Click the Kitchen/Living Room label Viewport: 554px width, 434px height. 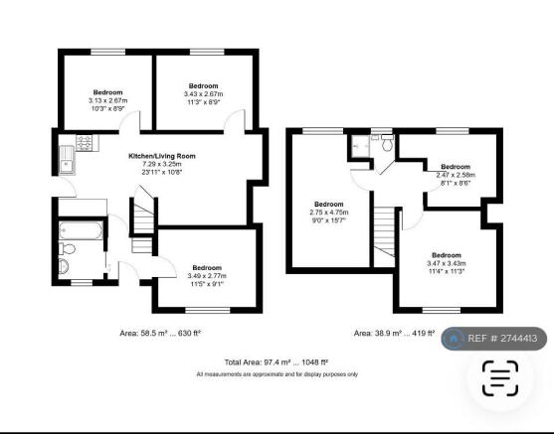(x=162, y=156)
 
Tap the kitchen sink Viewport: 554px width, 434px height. (x=67, y=161)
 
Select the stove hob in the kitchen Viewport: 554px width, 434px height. (x=85, y=143)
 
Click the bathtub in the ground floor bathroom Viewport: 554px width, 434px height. (x=81, y=230)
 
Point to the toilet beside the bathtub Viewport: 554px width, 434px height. (x=67, y=248)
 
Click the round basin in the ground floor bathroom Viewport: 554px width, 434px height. (x=64, y=266)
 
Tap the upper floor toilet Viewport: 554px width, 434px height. (x=387, y=143)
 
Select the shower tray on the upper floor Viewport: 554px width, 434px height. (x=360, y=146)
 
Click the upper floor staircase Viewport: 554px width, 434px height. (x=384, y=231)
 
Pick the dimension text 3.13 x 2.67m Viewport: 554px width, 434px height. (x=107, y=100)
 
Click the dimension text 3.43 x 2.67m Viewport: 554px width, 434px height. (x=203, y=94)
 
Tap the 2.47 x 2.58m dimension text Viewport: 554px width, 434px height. (x=456, y=175)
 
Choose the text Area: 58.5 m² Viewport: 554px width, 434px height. (x=143, y=333)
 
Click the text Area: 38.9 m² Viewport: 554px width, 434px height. (x=378, y=333)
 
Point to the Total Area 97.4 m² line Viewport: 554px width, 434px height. (x=277, y=362)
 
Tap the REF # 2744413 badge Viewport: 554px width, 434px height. (x=494, y=339)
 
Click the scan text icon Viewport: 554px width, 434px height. (x=500, y=378)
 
